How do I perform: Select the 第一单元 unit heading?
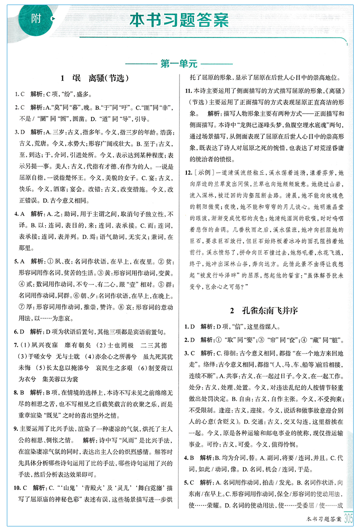[x=179, y=63]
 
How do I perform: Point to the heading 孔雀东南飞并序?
[x=263, y=311]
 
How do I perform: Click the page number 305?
[x=349, y=518]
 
